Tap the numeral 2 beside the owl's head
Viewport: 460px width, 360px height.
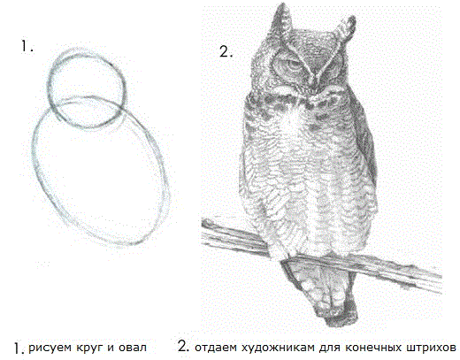pos(226,51)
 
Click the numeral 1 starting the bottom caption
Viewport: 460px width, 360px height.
pos(17,343)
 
